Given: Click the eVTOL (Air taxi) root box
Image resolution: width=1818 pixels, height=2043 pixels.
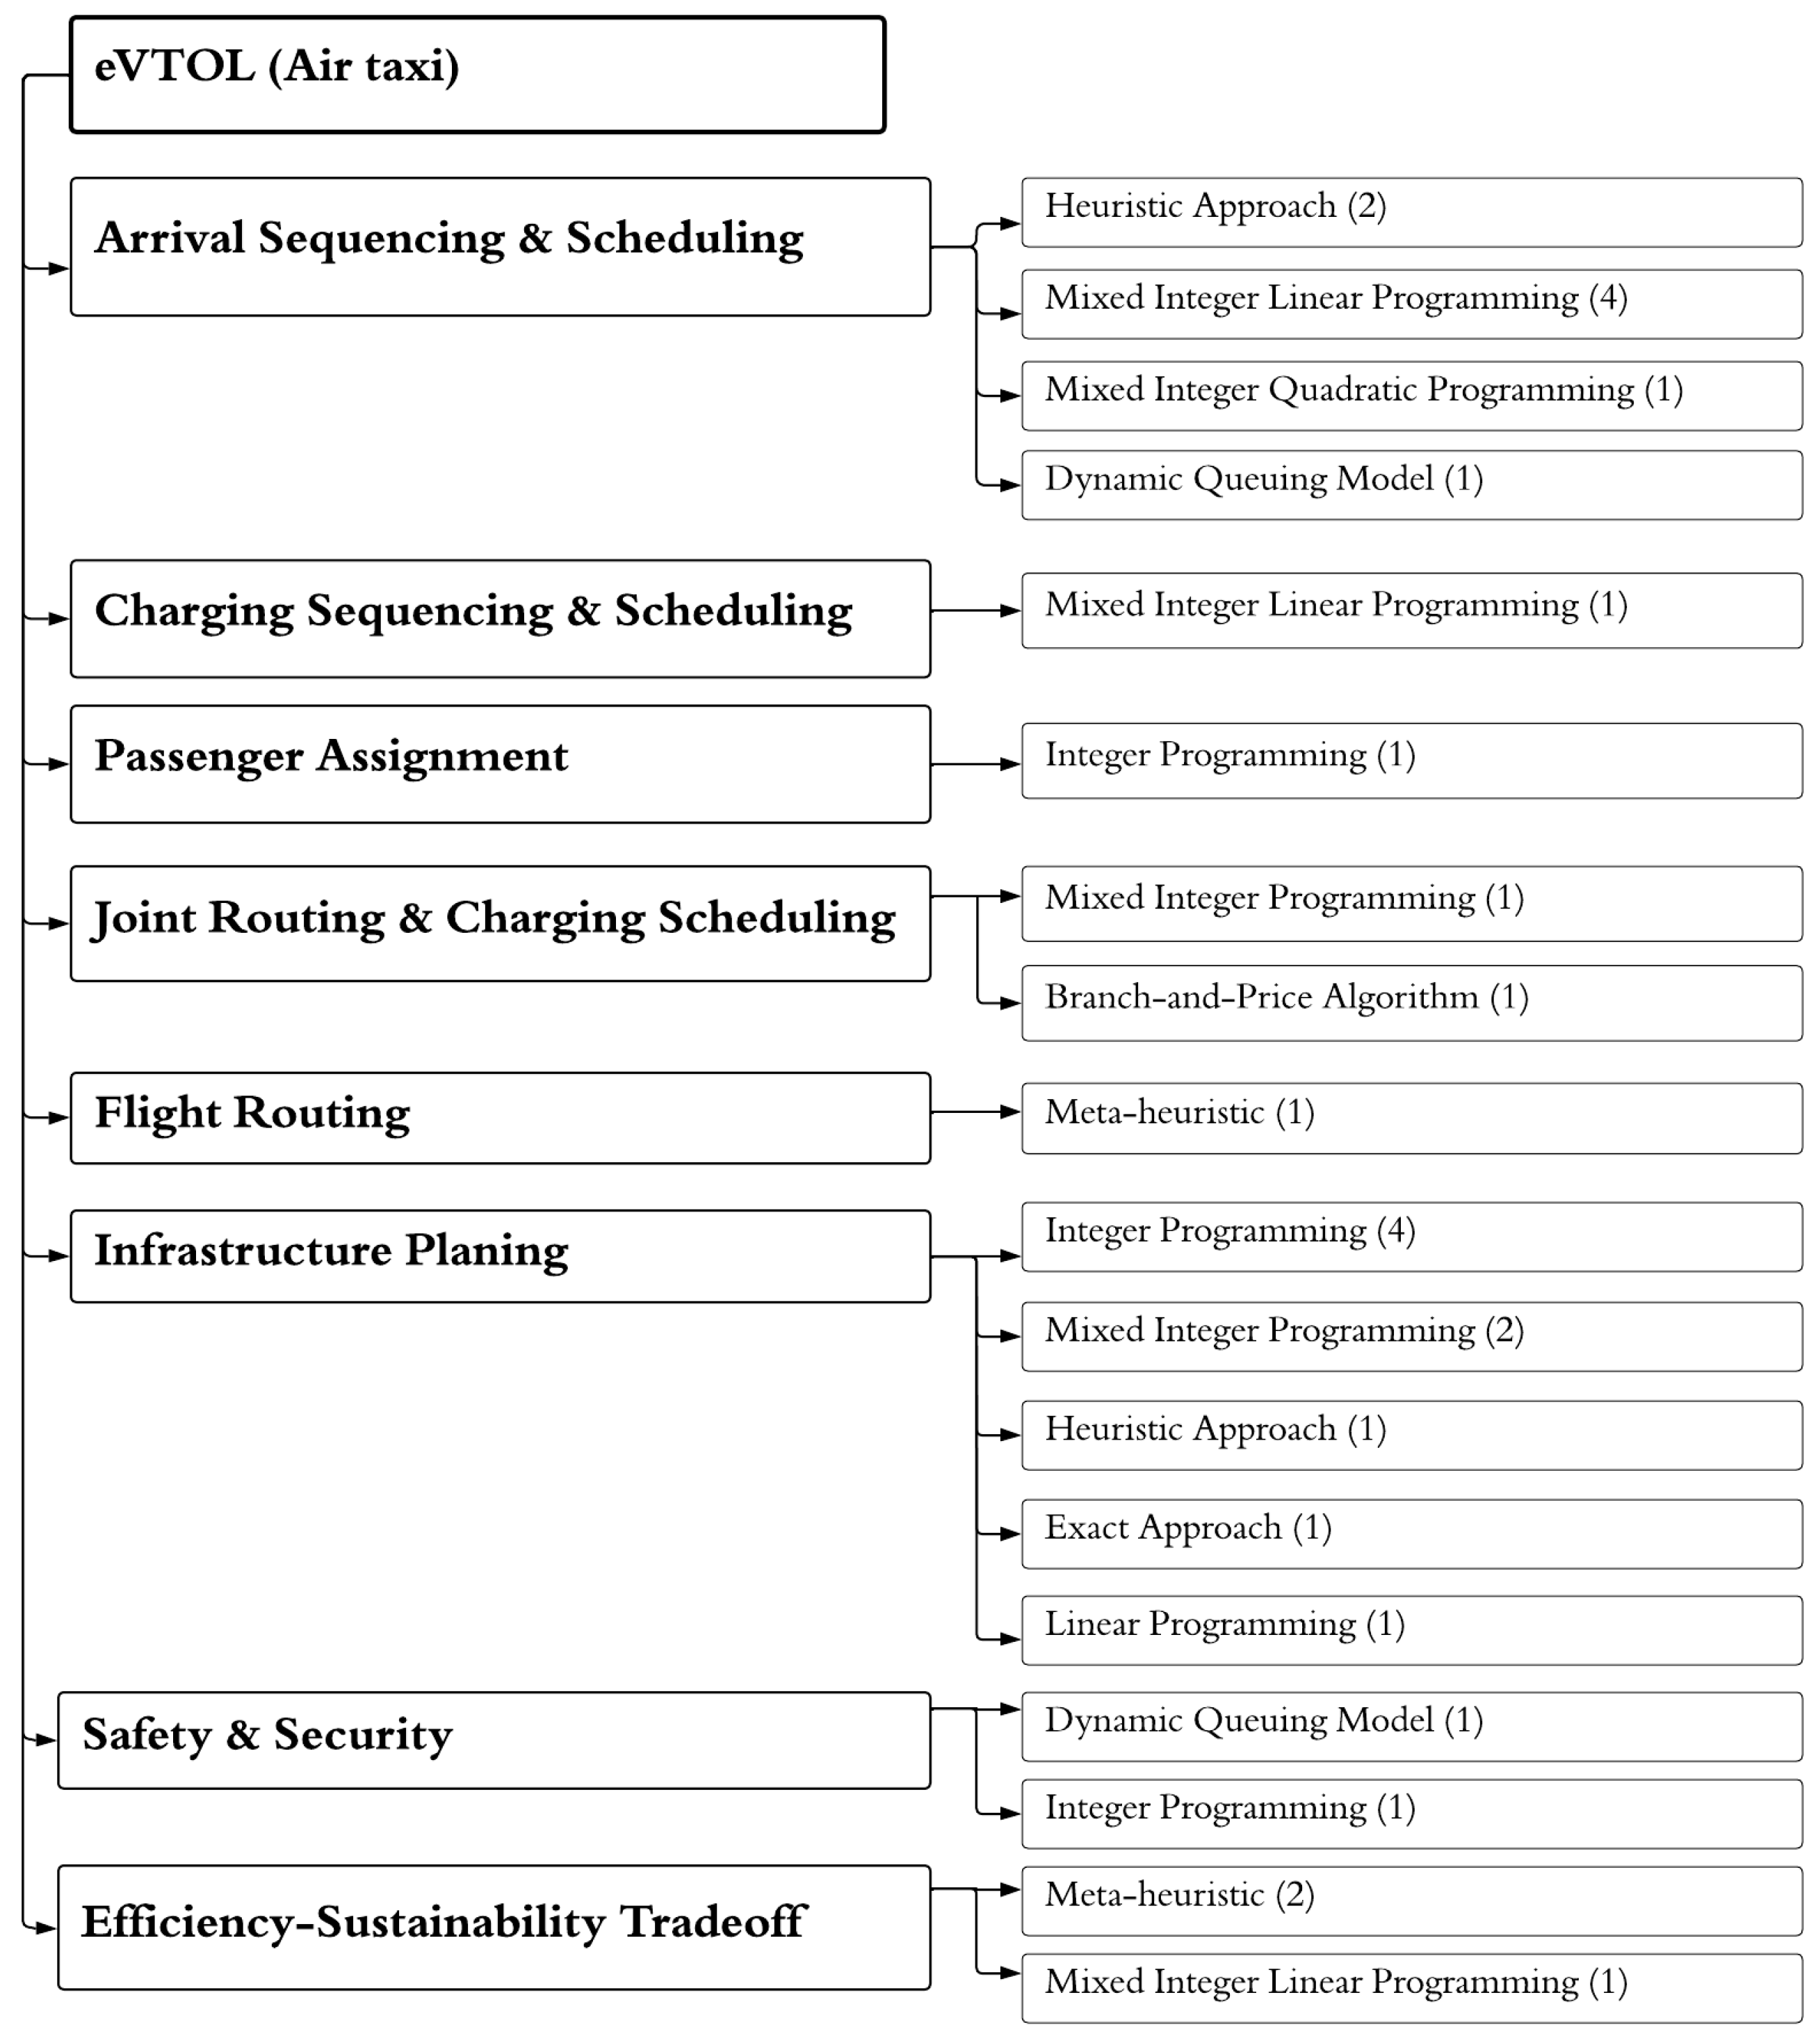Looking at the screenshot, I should pyautogui.click(x=477, y=75).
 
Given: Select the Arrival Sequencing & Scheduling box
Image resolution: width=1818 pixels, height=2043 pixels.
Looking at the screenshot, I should pyautogui.click(x=500, y=247).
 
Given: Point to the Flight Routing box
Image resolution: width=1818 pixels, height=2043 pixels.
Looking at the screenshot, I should pyautogui.click(x=500, y=1118).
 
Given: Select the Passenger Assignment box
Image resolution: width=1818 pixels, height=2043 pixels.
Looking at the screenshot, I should pyautogui.click(x=500, y=764).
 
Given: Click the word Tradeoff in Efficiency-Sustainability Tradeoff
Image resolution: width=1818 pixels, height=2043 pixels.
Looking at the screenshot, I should pyautogui.click(x=713, y=1921).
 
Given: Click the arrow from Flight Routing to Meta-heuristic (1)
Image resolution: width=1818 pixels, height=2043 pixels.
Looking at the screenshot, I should pyautogui.click(x=975, y=1112).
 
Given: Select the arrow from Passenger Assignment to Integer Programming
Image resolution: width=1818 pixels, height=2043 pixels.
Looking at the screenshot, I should pyautogui.click(x=975, y=764).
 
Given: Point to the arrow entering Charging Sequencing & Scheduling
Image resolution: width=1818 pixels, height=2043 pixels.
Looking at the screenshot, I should pyautogui.click(x=48, y=619).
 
